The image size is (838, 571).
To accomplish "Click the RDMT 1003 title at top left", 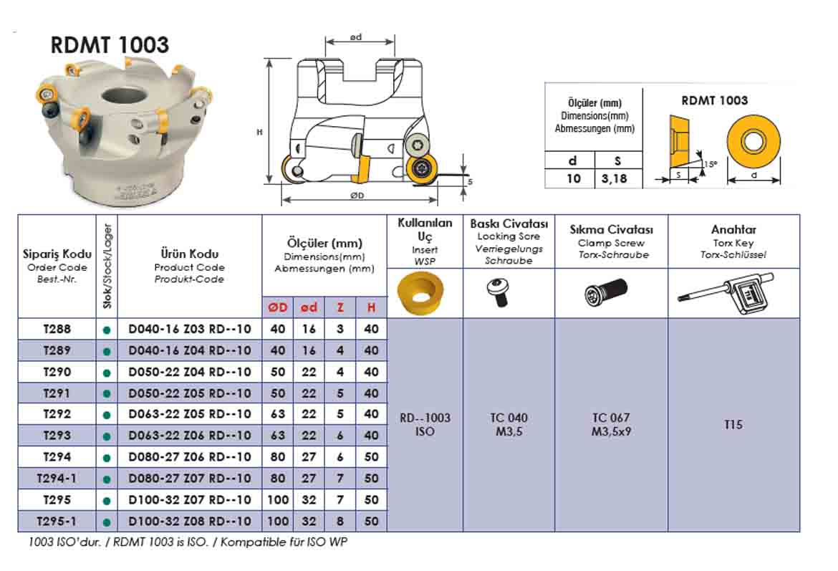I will tap(110, 44).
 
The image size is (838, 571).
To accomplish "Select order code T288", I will tap(57, 330).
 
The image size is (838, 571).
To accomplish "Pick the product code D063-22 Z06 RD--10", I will tap(190, 436).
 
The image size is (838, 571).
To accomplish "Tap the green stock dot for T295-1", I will tap(107, 522).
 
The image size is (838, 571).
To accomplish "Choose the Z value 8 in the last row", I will tap(339, 522).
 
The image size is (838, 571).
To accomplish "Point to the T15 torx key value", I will tap(733, 425).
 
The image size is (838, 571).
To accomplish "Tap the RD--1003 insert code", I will tap(425, 418).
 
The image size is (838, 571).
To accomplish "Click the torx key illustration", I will tap(725, 293).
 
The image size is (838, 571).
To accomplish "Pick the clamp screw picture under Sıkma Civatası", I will tap(606, 293).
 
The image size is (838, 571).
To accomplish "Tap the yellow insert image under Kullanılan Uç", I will tap(419, 293).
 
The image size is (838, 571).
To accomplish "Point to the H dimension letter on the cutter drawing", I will tap(259, 133).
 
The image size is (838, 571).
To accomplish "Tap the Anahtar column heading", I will tap(733, 230).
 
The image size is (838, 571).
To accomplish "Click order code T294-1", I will tap(57, 479).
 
